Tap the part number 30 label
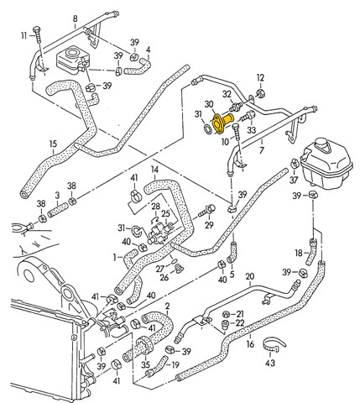[x=209, y=104]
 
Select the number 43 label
[x=270, y=363]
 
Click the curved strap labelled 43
[x=274, y=345]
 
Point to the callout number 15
[x=53, y=144]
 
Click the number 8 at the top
[x=75, y=18]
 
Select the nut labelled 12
[x=261, y=92]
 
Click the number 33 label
[x=251, y=130]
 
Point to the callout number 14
[x=154, y=170]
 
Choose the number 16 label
[x=250, y=343]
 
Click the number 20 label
[x=250, y=277]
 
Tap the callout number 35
[x=145, y=365]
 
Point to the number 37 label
[x=294, y=180]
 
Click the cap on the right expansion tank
[x=322, y=144]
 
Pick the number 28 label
[x=156, y=207]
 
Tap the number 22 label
[x=240, y=323]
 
